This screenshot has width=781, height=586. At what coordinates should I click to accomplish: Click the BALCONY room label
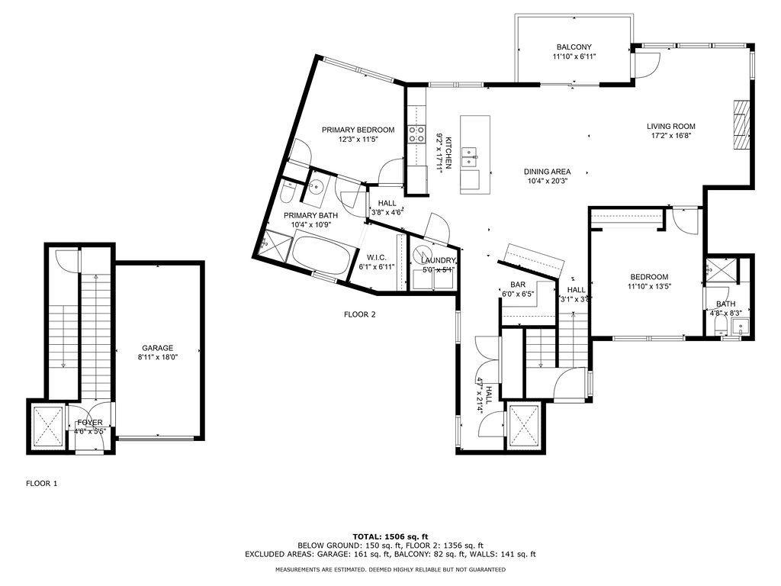(574, 47)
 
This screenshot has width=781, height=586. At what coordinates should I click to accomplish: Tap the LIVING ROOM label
(671, 127)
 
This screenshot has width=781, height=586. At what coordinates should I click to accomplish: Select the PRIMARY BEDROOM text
(358, 130)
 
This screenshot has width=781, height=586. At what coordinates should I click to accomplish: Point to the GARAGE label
(157, 348)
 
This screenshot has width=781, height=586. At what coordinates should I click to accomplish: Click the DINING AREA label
(547, 172)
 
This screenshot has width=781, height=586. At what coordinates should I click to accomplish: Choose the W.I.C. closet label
(377, 258)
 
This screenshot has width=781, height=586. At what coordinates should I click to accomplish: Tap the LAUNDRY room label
(439, 260)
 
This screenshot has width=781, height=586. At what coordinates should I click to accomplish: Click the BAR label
(518, 285)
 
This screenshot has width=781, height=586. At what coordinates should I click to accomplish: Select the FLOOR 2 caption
(360, 314)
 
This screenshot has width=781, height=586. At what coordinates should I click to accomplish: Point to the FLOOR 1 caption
(42, 483)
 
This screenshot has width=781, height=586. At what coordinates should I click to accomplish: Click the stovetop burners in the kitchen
(417, 133)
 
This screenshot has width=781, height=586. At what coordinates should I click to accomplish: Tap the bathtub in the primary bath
(320, 256)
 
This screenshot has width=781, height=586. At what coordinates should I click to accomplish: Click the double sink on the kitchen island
(469, 157)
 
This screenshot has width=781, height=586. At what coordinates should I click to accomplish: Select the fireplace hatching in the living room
(741, 124)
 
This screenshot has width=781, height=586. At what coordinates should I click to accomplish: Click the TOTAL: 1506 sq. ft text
(390, 536)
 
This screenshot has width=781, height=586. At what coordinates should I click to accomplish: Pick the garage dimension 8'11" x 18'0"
(157, 357)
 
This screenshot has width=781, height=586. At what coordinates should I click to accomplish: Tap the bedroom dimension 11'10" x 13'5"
(649, 286)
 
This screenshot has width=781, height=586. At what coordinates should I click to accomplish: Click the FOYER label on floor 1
(90, 423)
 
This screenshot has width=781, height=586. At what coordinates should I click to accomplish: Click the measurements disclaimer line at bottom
(390, 569)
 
